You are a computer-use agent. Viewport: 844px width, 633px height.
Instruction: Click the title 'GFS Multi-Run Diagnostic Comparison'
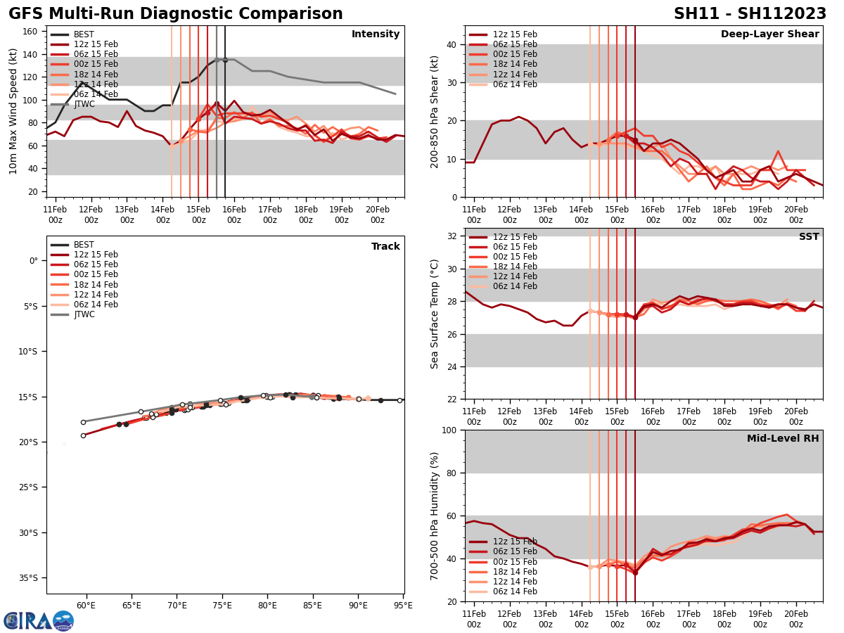tap(176, 14)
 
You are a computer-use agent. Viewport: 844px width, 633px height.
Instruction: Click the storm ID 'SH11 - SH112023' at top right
tap(750, 14)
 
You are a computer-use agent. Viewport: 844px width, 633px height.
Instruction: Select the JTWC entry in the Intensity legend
tap(85, 104)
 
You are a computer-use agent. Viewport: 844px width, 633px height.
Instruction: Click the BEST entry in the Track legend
tap(84, 245)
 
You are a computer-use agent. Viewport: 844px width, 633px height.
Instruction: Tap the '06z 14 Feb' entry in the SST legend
tap(516, 286)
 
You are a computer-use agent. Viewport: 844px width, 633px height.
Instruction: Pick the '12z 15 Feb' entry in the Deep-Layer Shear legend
tap(516, 34)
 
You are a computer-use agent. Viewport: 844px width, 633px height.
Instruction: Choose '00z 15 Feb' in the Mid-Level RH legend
tap(516, 562)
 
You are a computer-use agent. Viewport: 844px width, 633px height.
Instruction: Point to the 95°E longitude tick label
tap(403, 605)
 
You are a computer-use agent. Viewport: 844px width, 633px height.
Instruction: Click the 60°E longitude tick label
tap(86, 605)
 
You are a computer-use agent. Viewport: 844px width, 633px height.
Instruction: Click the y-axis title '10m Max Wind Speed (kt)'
tap(13, 111)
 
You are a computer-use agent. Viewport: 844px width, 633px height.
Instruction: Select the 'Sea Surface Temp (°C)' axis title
tap(435, 314)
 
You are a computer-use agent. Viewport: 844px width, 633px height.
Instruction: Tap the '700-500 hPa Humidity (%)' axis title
tap(435, 516)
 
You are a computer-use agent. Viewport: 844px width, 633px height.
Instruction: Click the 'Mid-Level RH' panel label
tap(783, 439)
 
